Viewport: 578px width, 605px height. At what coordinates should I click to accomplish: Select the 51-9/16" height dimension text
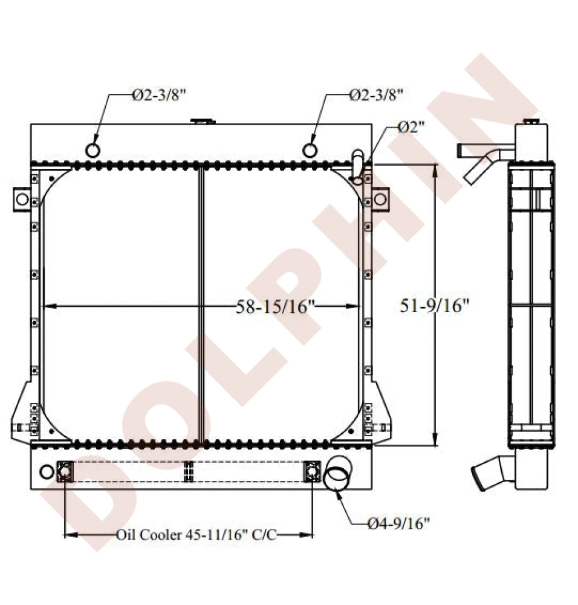(x=434, y=306)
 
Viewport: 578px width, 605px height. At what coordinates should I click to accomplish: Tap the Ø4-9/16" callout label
(x=398, y=523)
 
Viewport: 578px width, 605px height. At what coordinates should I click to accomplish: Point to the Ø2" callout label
(x=411, y=127)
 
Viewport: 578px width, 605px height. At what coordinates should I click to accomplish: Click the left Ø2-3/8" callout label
(x=159, y=95)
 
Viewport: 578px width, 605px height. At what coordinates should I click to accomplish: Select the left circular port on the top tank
(x=93, y=150)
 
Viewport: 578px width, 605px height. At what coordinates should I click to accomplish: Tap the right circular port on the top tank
(x=310, y=150)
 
